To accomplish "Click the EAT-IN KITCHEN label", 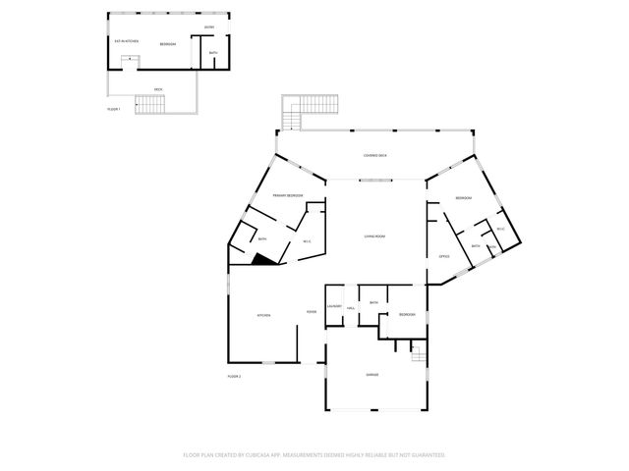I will [x=127, y=41].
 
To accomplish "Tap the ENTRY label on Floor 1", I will [x=209, y=26].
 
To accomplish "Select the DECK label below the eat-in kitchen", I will [x=158, y=89].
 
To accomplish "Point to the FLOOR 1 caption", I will [x=114, y=109].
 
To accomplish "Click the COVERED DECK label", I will [x=374, y=155].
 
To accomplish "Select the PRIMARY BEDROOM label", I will [x=288, y=196].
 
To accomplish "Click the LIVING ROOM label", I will [x=374, y=236].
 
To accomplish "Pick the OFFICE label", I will [x=443, y=256].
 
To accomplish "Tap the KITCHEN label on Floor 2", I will [x=263, y=315].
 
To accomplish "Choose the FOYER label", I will [x=312, y=312].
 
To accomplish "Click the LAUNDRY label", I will [x=334, y=307].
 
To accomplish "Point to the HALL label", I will [x=351, y=307].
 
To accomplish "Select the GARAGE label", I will [x=372, y=374].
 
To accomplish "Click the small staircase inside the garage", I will [x=418, y=353].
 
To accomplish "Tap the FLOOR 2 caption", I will [x=234, y=376].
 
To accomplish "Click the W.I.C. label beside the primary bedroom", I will [x=307, y=241].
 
